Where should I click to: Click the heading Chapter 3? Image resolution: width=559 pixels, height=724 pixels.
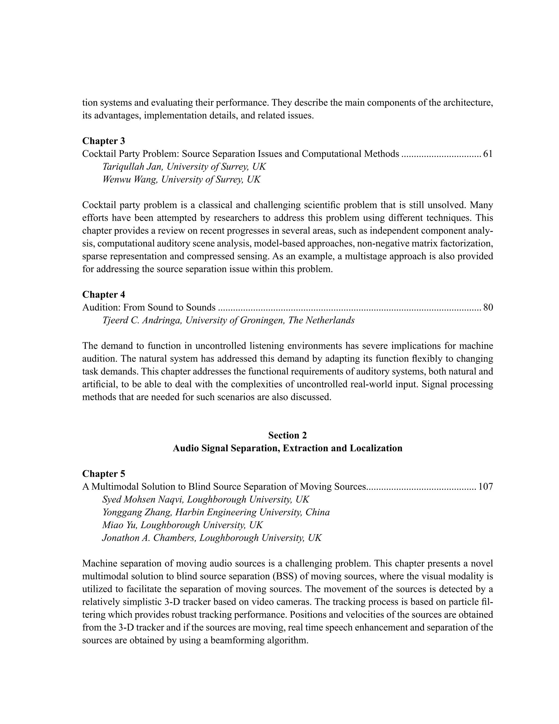(x=103, y=141)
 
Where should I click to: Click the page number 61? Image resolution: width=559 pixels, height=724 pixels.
(x=488, y=154)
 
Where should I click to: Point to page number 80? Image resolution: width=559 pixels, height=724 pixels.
(x=488, y=307)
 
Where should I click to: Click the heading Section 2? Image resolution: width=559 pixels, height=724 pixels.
(x=287, y=435)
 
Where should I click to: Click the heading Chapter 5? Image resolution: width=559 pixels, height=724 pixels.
(x=103, y=474)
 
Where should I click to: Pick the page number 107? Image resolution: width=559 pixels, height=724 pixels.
(x=486, y=487)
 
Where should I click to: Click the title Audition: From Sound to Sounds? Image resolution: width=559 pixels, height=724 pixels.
(x=149, y=307)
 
